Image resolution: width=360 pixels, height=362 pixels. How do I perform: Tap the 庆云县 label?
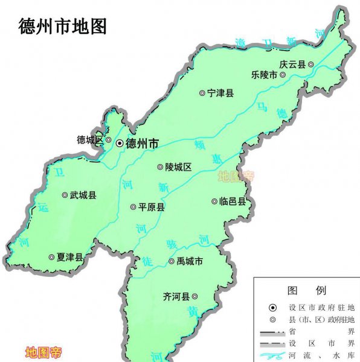point(292,64)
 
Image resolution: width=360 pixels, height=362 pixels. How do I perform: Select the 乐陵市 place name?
point(265,75)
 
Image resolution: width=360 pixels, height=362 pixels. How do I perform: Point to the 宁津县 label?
point(220,94)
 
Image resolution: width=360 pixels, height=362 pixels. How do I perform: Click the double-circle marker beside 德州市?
point(120,144)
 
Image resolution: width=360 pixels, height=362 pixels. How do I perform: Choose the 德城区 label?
point(90,140)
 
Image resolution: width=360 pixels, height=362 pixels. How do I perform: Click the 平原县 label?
point(152,207)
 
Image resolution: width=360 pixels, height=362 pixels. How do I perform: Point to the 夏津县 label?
point(70,257)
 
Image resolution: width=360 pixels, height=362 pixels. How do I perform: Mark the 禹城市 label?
point(190,261)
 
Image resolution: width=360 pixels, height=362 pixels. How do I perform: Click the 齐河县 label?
point(176,296)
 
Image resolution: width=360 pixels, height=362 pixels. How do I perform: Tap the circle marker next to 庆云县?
point(310,64)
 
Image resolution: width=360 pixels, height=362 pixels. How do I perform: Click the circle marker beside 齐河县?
point(194,296)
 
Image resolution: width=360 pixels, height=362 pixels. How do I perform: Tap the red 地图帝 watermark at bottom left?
point(43,352)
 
